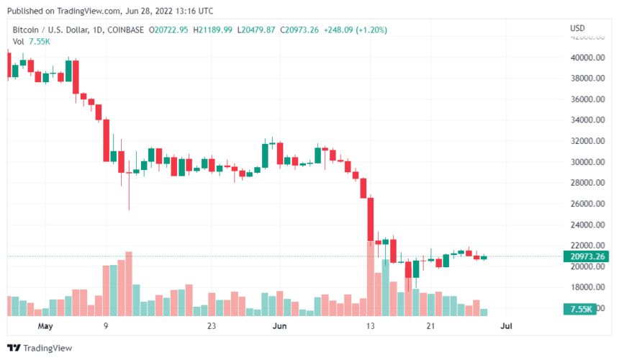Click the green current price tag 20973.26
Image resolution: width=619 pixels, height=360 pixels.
coord(587,257)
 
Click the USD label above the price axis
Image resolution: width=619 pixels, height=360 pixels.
coord(577,29)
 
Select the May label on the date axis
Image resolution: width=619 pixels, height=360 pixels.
coord(45,327)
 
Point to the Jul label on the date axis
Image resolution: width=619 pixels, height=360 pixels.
coord(506,327)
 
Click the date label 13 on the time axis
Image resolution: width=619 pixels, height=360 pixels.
coord(371,327)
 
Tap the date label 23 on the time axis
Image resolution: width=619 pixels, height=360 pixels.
coord(212,327)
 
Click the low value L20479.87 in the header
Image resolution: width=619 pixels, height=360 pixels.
coord(256,29)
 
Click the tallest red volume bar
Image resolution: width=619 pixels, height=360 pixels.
coord(129,284)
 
